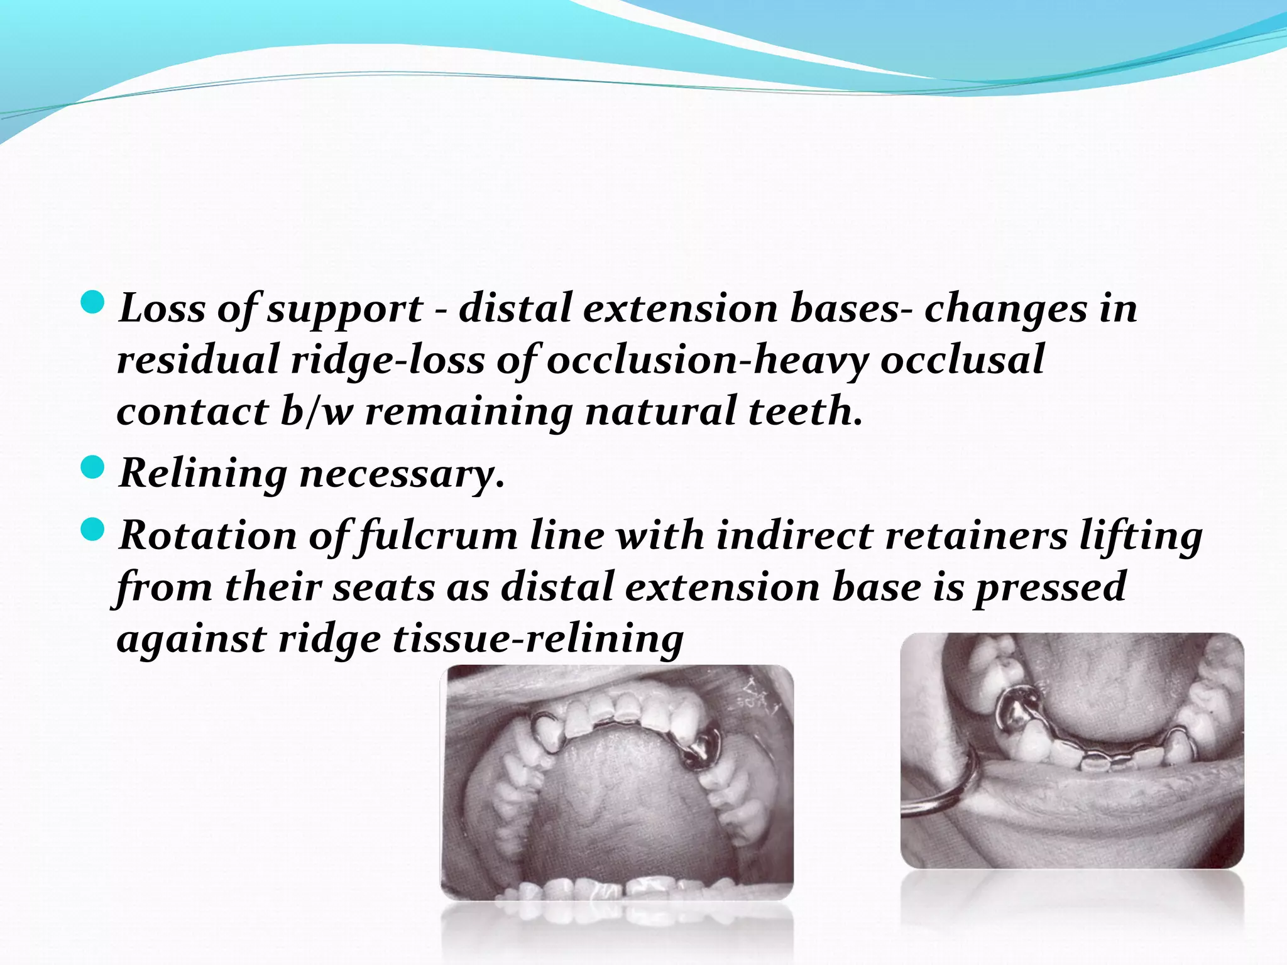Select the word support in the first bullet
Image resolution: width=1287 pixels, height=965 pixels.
(x=345, y=310)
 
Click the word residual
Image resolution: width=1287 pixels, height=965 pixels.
(x=197, y=360)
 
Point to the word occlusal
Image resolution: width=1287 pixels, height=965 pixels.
(x=962, y=360)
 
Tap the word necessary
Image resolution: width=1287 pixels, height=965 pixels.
(x=402, y=474)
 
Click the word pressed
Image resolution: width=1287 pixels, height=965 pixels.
(x=1049, y=587)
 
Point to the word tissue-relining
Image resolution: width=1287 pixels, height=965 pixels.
(x=538, y=639)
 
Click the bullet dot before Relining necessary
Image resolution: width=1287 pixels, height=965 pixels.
(x=92, y=468)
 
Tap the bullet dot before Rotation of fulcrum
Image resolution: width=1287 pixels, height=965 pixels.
(x=92, y=530)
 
